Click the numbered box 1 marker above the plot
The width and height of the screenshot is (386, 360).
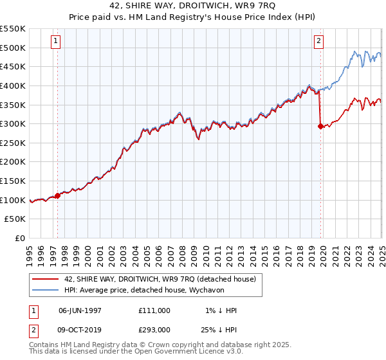tap(57, 41)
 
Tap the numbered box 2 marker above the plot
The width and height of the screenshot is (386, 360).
tap(318, 41)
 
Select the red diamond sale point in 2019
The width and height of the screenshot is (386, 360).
tap(320, 127)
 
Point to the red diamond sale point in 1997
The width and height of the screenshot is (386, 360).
tap(57, 195)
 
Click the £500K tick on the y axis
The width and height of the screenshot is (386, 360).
tap(13, 48)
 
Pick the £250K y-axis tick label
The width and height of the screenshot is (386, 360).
tap(13, 143)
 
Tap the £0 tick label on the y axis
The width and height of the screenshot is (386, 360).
tap(20, 238)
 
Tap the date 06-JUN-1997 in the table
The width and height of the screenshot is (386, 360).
tap(80, 310)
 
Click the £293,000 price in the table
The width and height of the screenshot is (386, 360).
tap(154, 330)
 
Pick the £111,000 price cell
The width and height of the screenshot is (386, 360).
tap(154, 310)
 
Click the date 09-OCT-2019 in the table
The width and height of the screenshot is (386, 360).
tap(80, 330)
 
